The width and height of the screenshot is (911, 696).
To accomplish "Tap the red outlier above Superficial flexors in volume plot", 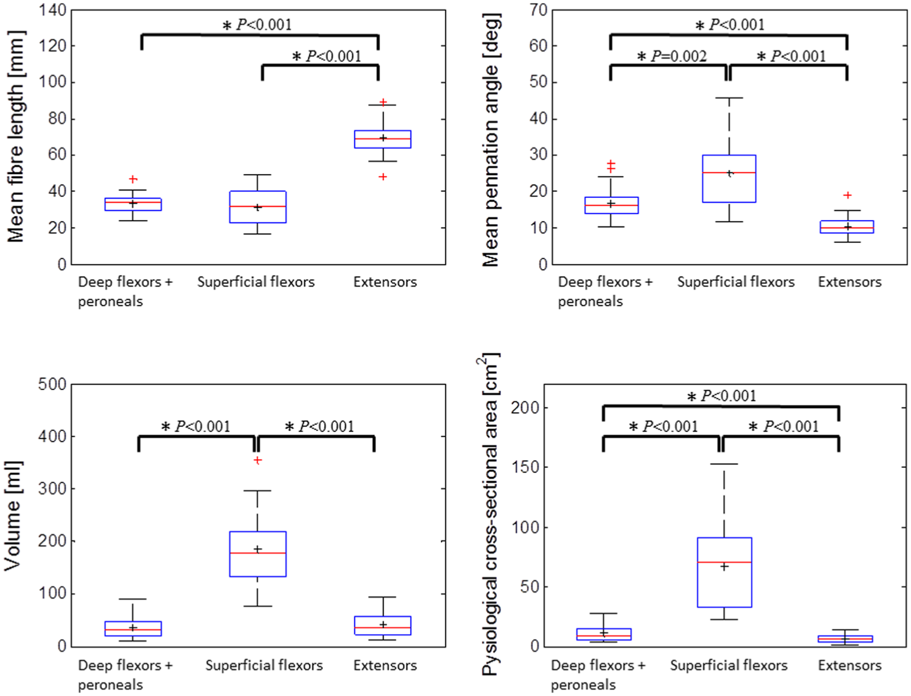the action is click(258, 460).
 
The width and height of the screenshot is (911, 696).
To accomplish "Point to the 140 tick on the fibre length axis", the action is click(52, 10).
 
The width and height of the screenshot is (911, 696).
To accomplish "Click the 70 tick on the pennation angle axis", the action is click(537, 10).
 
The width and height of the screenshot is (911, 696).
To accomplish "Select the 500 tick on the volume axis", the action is click(52, 384).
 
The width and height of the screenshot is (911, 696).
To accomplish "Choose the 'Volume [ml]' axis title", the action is click(13, 516).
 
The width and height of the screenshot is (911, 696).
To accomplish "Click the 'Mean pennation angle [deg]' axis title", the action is click(491, 139).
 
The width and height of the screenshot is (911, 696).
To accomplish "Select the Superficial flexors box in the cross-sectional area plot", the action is click(724, 572).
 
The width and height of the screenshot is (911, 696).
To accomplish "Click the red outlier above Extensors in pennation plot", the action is click(847, 195).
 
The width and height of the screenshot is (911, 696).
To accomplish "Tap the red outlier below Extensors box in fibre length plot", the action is click(383, 177).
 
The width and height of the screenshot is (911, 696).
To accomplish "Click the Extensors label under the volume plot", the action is click(385, 665).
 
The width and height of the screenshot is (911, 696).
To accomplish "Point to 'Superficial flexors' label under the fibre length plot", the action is click(256, 282).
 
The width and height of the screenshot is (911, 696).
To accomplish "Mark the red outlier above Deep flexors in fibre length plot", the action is click(133, 179).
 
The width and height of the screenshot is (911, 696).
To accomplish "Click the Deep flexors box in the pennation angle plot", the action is click(611, 205).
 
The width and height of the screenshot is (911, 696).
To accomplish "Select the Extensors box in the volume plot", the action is click(382, 625).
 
